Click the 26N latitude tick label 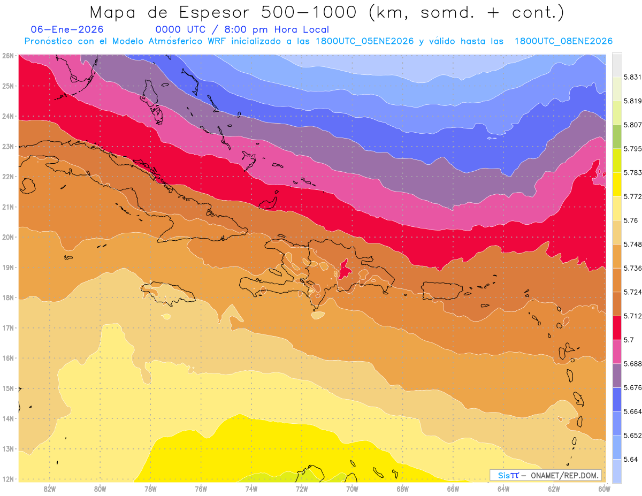click(7, 55)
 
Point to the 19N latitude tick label click(7, 267)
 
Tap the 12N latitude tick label click(7, 479)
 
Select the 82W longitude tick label click(50, 489)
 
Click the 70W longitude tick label click(352, 489)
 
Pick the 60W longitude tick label click(605, 489)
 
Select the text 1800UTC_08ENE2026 click(563, 41)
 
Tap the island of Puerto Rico click(441, 291)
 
